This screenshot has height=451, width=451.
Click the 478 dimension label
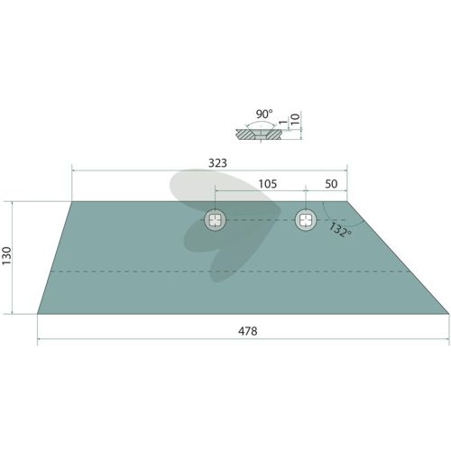(x=247, y=331)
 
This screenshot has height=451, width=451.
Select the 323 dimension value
(x=217, y=163)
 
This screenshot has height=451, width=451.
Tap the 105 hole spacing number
(x=268, y=184)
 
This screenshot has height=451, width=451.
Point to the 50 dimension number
(x=331, y=184)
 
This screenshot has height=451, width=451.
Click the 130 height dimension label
(x=6, y=255)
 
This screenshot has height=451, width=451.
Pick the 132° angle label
(x=340, y=230)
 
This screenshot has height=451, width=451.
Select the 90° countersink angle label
(x=264, y=115)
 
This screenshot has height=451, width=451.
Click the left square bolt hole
(x=215, y=220)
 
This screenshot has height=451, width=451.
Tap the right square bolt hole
(x=306, y=220)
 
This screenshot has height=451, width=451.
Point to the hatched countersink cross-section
(x=259, y=134)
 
